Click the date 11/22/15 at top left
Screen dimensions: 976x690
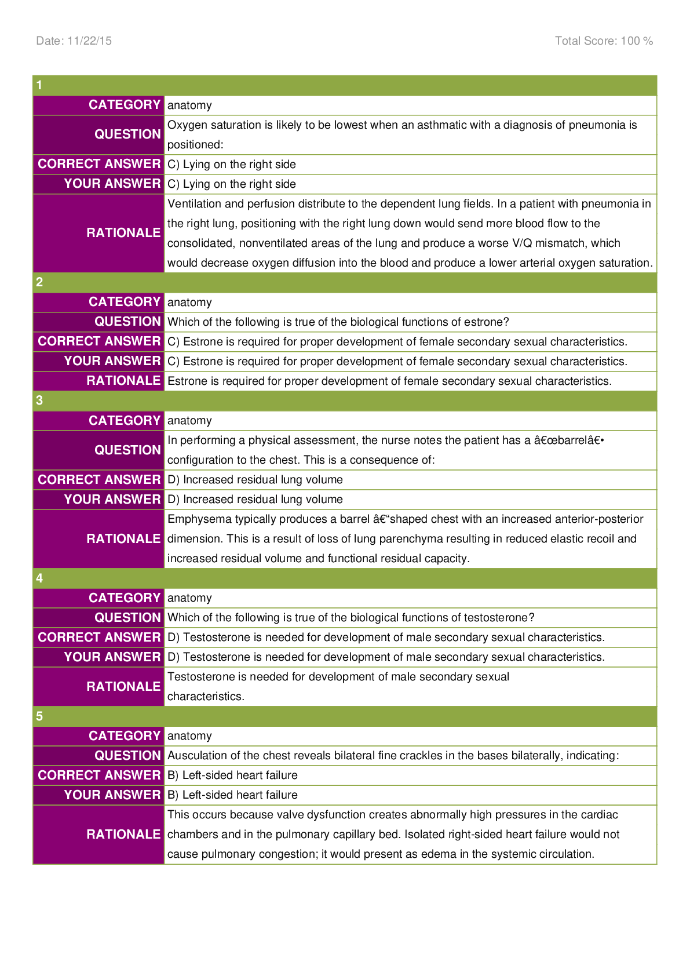pyautogui.click(x=74, y=41)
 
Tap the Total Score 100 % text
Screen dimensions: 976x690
pyautogui.click(x=604, y=41)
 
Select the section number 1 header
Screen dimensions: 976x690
pyautogui.click(x=39, y=85)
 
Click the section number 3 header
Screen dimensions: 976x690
pyautogui.click(x=39, y=400)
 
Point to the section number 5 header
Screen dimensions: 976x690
pyautogui.click(x=39, y=716)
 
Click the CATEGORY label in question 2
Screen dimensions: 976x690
pyautogui.click(x=124, y=302)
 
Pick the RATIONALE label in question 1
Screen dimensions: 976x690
pyautogui.click(x=123, y=232)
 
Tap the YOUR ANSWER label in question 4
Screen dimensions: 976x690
pyautogui.click(x=112, y=657)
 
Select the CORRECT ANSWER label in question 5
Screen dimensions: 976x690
pyautogui.click(x=99, y=775)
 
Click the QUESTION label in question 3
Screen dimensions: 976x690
pyautogui.click(x=127, y=450)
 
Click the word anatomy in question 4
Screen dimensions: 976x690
pyautogui.click(x=189, y=598)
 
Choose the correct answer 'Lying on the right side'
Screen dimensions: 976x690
pyautogui.click(x=232, y=165)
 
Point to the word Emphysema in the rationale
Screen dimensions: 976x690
pyautogui.click(x=195, y=519)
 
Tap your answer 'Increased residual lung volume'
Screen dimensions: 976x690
pyautogui.click(x=255, y=500)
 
